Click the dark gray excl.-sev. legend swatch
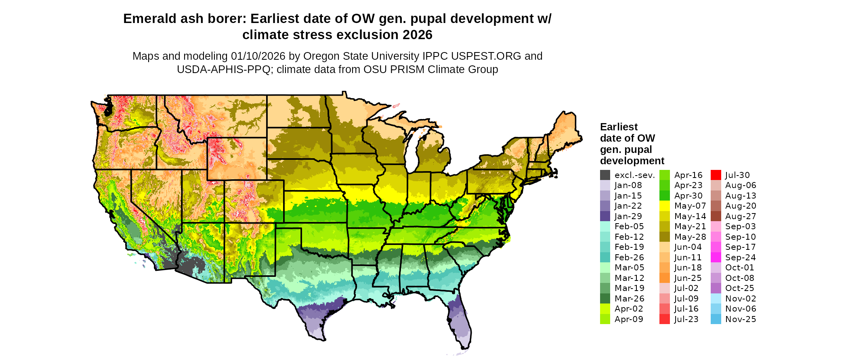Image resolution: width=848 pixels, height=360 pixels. click(x=605, y=175)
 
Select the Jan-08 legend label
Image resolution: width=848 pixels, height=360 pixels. click(x=628, y=185)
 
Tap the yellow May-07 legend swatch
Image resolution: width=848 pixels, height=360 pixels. click(x=664, y=206)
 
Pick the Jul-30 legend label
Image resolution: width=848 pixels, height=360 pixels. click(x=737, y=175)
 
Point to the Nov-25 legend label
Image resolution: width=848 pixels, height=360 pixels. click(x=741, y=319)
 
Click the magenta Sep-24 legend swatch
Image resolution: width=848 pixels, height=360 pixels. click(x=716, y=257)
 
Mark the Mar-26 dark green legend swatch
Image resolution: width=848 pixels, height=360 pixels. click(x=605, y=299)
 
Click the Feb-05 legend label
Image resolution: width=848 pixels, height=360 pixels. click(x=629, y=226)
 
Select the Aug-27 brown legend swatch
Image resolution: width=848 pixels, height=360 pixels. click(x=716, y=216)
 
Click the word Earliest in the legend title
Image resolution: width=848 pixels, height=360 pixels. click(x=619, y=127)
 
